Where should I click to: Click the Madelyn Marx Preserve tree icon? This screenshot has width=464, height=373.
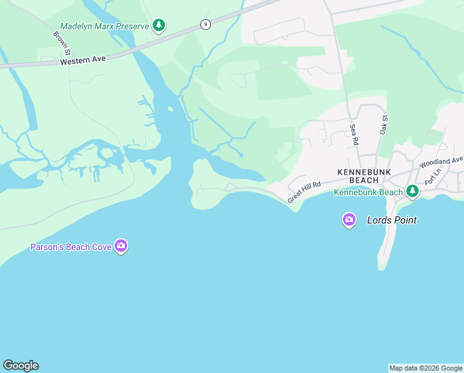coord(159,25)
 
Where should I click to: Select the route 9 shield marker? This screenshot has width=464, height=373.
coord(205,24)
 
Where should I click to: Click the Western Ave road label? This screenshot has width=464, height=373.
coord(84,60)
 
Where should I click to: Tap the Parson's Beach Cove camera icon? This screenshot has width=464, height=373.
coord(121,247)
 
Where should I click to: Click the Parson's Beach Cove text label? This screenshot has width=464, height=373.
coord(71,247)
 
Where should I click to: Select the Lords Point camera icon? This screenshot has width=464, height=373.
coord(349,219)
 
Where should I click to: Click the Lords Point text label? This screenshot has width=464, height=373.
coord(391,220)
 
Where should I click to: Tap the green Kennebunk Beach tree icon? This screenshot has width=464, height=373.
coord(412,191)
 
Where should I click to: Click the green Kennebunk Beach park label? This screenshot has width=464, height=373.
coord(368,192)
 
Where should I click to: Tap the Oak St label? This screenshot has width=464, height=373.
coord(385,124)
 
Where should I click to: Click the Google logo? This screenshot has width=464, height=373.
coord(20,366)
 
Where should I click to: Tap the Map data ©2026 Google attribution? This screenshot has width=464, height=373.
coord(426,368)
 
